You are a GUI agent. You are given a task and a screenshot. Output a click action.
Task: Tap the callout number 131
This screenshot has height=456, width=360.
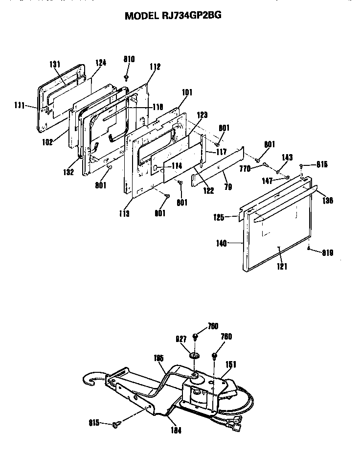click(55, 64)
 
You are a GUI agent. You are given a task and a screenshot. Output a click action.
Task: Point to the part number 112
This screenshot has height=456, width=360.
click(155, 67)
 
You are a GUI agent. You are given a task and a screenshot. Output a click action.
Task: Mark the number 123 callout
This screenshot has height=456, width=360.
click(202, 115)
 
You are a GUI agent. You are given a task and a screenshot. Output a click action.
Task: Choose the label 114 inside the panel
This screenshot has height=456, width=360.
click(177, 166)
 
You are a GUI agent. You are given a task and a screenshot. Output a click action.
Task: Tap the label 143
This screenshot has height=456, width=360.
click(288, 158)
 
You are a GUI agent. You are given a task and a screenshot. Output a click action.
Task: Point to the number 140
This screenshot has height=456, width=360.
click(222, 243)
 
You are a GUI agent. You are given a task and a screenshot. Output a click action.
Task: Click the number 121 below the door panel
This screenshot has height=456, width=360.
click(282, 267)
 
